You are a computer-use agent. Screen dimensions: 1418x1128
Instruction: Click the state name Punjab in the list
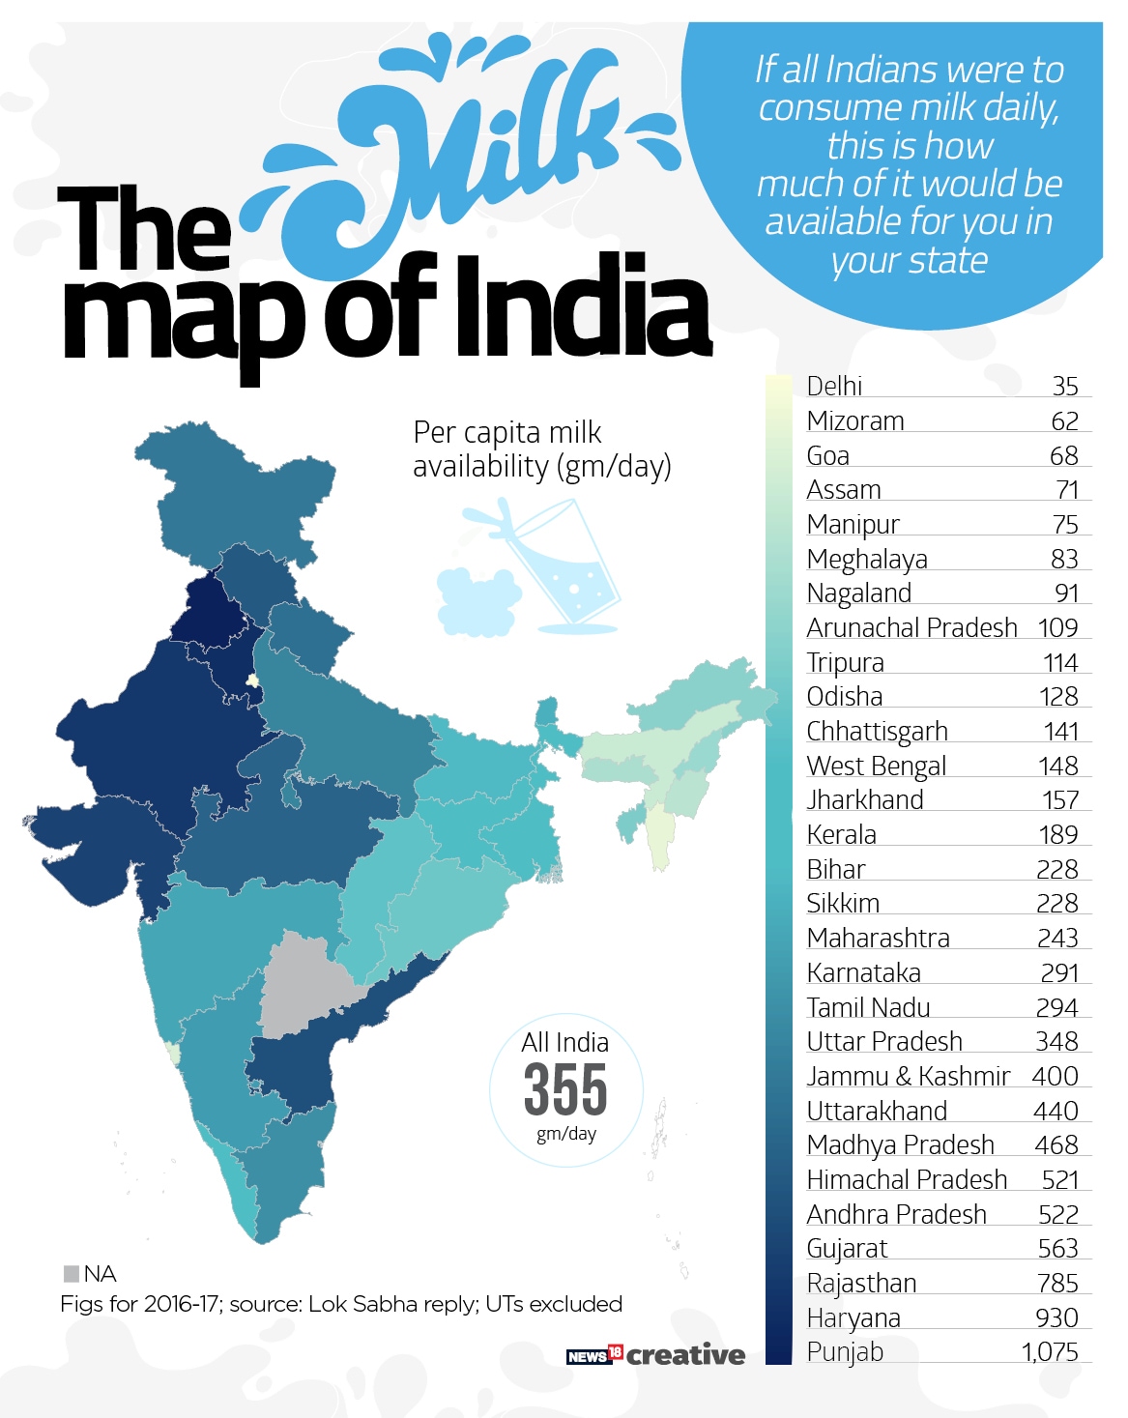pos(845,1352)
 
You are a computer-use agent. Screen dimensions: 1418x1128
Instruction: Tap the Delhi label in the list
pos(834,387)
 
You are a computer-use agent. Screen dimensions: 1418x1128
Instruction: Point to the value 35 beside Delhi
pos(1064,387)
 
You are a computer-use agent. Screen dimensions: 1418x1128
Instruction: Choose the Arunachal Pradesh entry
pos(911,628)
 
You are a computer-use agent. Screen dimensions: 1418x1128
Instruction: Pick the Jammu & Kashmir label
pos(908,1077)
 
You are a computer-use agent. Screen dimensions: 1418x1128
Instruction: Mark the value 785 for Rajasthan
pos(1057,1284)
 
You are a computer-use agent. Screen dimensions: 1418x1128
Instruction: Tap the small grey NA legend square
pos(72,1273)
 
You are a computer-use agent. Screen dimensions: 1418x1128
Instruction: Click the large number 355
pos(565,1089)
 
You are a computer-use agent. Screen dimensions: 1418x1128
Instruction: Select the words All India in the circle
pos(564,1043)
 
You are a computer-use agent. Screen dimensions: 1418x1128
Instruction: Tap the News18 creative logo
pos(655,1355)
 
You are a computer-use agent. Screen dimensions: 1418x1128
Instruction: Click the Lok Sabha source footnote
pos(340,1304)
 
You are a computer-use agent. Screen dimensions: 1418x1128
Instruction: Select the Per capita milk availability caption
pos(540,449)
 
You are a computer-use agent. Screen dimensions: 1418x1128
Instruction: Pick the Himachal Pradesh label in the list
pos(907,1180)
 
